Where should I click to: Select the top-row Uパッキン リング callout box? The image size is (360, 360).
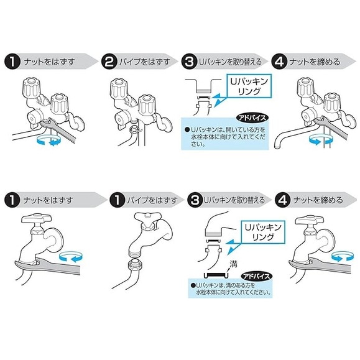(249, 86)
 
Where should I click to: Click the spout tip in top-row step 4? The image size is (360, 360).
(277, 145)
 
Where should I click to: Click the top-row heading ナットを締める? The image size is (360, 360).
(315, 62)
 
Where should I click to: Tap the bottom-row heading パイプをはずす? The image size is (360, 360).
(152, 200)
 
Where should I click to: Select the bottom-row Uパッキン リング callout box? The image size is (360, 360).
(262, 232)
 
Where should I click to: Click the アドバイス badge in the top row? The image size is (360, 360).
(252, 118)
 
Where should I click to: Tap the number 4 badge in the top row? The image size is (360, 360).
(279, 62)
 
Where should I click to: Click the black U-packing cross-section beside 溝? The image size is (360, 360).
(215, 274)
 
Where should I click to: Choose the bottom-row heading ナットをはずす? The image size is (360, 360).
(48, 200)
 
